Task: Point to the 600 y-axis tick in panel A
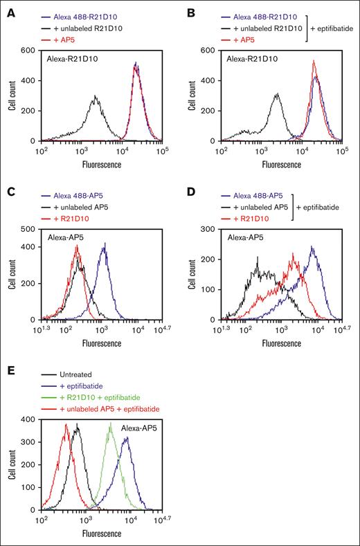pos(28,50)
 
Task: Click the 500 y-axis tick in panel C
pos(28,228)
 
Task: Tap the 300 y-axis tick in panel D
pos(208,228)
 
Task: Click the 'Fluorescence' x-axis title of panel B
pos(280,165)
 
